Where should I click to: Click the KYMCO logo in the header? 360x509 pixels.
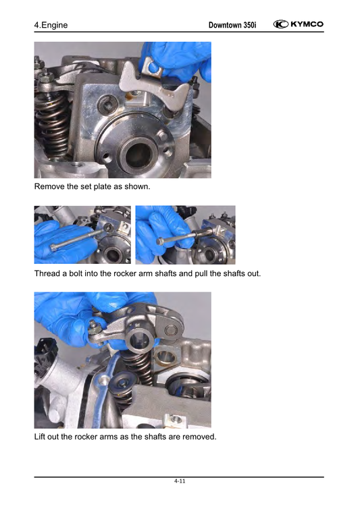pyautogui.click(x=299, y=24)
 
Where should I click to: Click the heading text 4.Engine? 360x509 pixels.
pyautogui.click(x=51, y=25)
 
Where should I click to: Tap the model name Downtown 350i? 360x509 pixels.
pyautogui.click(x=232, y=25)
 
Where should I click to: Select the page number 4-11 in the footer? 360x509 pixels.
pyautogui.click(x=180, y=481)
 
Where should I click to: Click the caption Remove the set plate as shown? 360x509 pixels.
pyautogui.click(x=93, y=186)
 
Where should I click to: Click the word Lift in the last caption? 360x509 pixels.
pyautogui.click(x=40, y=437)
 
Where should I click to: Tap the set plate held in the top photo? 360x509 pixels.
pyautogui.click(x=153, y=84)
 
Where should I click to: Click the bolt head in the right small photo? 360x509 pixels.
pyautogui.click(x=159, y=242)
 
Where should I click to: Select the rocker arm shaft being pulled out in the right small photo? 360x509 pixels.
pyautogui.click(x=201, y=233)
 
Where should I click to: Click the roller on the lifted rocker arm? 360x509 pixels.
pyautogui.click(x=170, y=330)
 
